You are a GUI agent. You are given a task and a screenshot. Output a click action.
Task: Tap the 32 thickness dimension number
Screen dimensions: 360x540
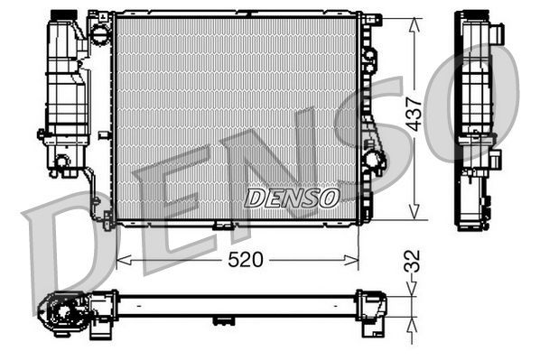click(413, 261)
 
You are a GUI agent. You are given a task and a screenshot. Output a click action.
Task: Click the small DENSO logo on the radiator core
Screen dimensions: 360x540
click(292, 196)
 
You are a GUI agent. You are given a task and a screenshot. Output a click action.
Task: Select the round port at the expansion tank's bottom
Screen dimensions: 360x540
click(62, 162)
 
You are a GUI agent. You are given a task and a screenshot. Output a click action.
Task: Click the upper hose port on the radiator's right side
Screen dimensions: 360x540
click(368, 54)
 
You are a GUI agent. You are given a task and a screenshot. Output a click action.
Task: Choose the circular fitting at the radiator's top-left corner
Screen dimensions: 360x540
click(100, 32)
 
